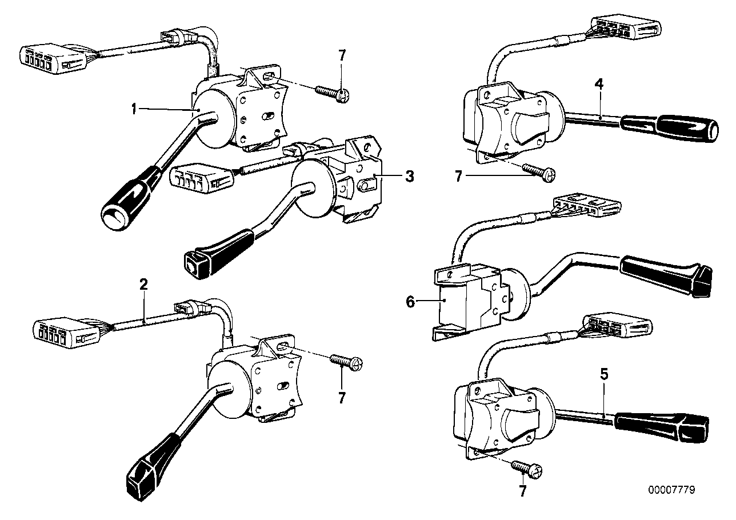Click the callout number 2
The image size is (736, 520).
click(144, 283)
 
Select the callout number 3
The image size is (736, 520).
click(409, 177)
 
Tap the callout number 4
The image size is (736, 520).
click(598, 84)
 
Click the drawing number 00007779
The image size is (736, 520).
click(672, 490)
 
